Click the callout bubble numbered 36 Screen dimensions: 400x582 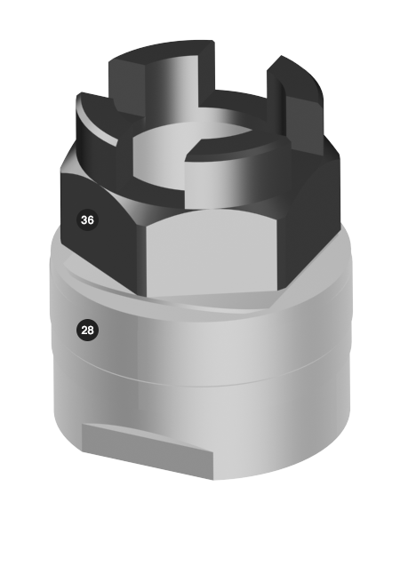click(x=87, y=220)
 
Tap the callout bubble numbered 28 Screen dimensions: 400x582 click(x=87, y=330)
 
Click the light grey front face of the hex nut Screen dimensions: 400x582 click(x=212, y=252)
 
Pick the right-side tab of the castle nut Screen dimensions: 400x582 click(x=297, y=100)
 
